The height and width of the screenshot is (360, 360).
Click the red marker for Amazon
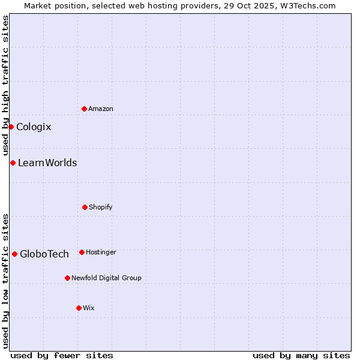pyautogui.click(x=84, y=109)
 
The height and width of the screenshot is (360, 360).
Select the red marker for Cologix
pyautogui.click(x=11, y=127)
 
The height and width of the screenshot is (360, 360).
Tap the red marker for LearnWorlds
pyautogui.click(x=13, y=163)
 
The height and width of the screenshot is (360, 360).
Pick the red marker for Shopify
pyautogui.click(x=85, y=207)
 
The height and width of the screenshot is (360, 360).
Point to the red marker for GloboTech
pyautogui.click(x=14, y=254)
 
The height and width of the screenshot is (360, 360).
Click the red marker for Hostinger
pyautogui.click(x=82, y=252)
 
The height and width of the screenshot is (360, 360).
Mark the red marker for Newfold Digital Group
pyautogui.click(x=67, y=278)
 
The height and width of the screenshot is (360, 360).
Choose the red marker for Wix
pyautogui.click(x=79, y=308)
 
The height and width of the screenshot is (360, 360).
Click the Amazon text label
pyautogui.click(x=101, y=109)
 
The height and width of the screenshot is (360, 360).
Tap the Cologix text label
pyautogui.click(x=34, y=127)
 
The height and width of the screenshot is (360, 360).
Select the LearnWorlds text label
pyautogui.click(x=47, y=163)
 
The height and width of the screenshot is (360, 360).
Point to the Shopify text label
pyautogui.click(x=101, y=207)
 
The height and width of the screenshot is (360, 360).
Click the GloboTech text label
pyautogui.click(x=44, y=254)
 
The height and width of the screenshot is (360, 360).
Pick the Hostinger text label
pyautogui.click(x=101, y=252)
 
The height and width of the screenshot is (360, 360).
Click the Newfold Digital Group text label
pyautogui.click(x=106, y=278)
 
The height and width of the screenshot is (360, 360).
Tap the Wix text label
pyautogui.click(x=89, y=308)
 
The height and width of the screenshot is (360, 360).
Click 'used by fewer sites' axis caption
pyautogui.click(x=62, y=355)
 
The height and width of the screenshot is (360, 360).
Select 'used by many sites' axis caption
pyautogui.click(x=301, y=355)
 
